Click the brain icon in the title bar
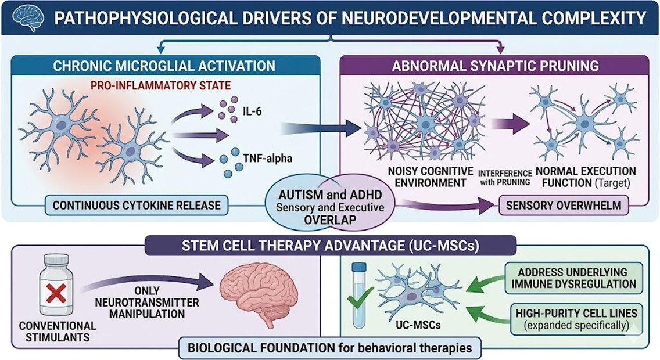click(30, 17)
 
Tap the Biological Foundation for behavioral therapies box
click(331, 348)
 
